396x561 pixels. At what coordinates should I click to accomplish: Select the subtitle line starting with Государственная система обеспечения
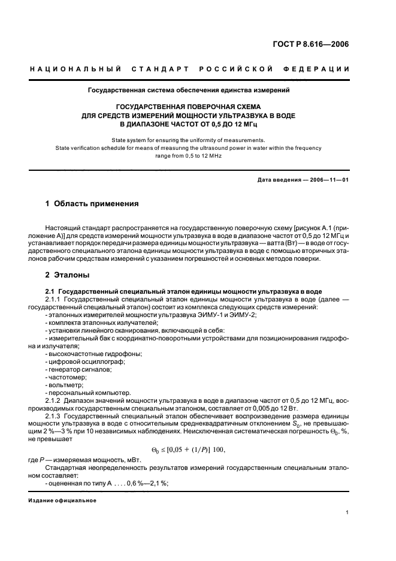pyautogui.click(x=189, y=91)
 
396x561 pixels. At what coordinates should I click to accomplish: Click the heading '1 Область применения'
pyautogui.click(x=92, y=204)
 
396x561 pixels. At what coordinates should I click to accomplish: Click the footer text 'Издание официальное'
pyautogui.click(x=62, y=499)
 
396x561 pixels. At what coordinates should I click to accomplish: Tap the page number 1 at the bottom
pyautogui.click(x=347, y=512)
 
